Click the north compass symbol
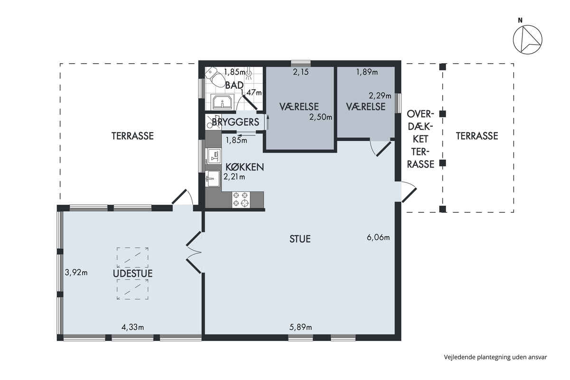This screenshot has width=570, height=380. pyautogui.click(x=528, y=40)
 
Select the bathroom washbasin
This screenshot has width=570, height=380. pyautogui.click(x=222, y=102)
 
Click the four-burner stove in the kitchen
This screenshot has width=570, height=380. pyautogui.click(x=241, y=199)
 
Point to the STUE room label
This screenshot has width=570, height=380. pyautogui.click(x=300, y=239)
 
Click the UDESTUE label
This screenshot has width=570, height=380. pyautogui.click(x=133, y=274)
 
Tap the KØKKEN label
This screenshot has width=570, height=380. pyautogui.click(x=245, y=167)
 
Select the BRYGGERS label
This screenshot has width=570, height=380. pyautogui.click(x=236, y=122)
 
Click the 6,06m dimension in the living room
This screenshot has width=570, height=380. pyautogui.click(x=378, y=237)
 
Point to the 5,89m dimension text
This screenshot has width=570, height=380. pyautogui.click(x=301, y=327)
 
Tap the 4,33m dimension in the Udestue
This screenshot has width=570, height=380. pyautogui.click(x=133, y=327)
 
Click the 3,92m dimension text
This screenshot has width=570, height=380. pyautogui.click(x=76, y=273)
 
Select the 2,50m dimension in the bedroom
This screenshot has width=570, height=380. pyautogui.click(x=321, y=117)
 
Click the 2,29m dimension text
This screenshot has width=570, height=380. pyautogui.click(x=380, y=95)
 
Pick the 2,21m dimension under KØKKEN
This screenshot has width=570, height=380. pyautogui.click(x=234, y=177)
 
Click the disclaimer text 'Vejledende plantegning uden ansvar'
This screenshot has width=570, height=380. pyautogui.click(x=495, y=357)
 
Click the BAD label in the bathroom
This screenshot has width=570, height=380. pyautogui.click(x=234, y=85)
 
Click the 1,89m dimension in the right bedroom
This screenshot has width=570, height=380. pyautogui.click(x=367, y=72)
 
